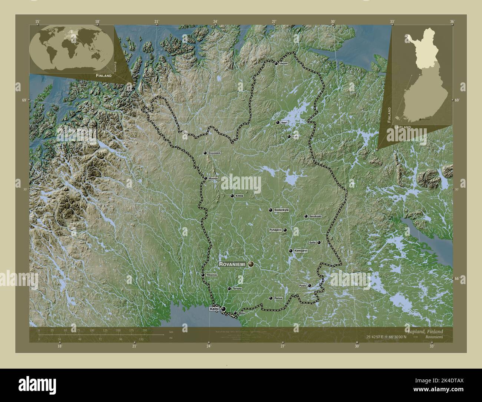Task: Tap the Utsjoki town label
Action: click(284, 63)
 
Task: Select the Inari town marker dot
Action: click(277, 122)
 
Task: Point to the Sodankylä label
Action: click(281, 210)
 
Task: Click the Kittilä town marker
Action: click(232, 196)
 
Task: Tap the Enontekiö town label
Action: click(215, 153)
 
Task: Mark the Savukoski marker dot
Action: click(306, 216)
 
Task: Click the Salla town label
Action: click(312, 243)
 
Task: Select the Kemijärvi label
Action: click(301, 251)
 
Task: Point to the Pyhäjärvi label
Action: click(275, 230)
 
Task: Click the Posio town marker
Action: click(309, 286)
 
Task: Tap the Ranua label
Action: click(278, 298)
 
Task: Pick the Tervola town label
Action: click(237, 289)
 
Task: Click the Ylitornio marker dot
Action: click(203, 275)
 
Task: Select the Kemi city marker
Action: click(223, 309)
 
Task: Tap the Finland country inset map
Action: click(422, 78)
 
